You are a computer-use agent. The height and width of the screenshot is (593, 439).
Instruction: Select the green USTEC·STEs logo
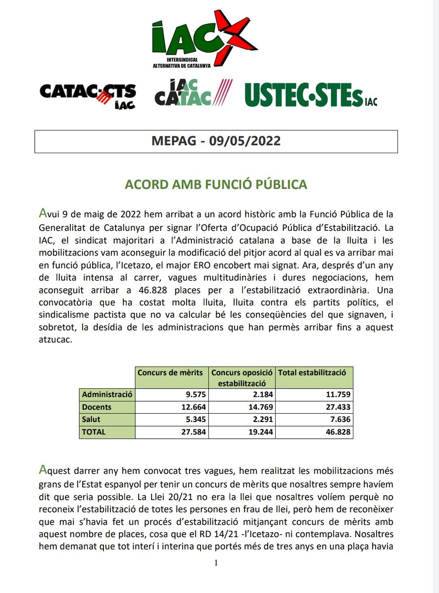click(x=310, y=94)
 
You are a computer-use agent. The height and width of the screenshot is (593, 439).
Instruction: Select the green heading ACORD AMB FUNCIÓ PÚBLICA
click(x=216, y=184)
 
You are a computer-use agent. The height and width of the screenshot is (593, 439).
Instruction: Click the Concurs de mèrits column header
click(x=170, y=373)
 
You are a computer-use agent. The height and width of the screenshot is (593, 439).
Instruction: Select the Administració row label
click(x=107, y=394)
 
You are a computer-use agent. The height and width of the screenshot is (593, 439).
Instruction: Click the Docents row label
click(x=97, y=407)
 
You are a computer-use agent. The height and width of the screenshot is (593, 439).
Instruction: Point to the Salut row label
click(x=92, y=420)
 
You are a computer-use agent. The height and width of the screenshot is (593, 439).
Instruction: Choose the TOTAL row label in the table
click(x=94, y=431)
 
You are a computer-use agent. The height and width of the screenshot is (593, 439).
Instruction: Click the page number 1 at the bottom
click(x=216, y=563)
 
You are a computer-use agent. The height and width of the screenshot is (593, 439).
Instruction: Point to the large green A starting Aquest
click(x=44, y=468)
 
